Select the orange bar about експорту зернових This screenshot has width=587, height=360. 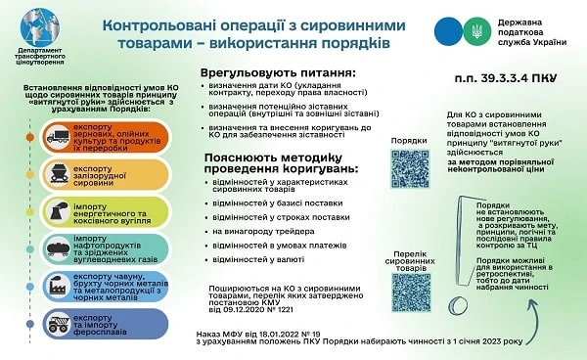(x=94, y=140)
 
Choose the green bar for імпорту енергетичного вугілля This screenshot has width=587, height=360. (x=94, y=212)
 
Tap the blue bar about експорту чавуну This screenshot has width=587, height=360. (x=94, y=286)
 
